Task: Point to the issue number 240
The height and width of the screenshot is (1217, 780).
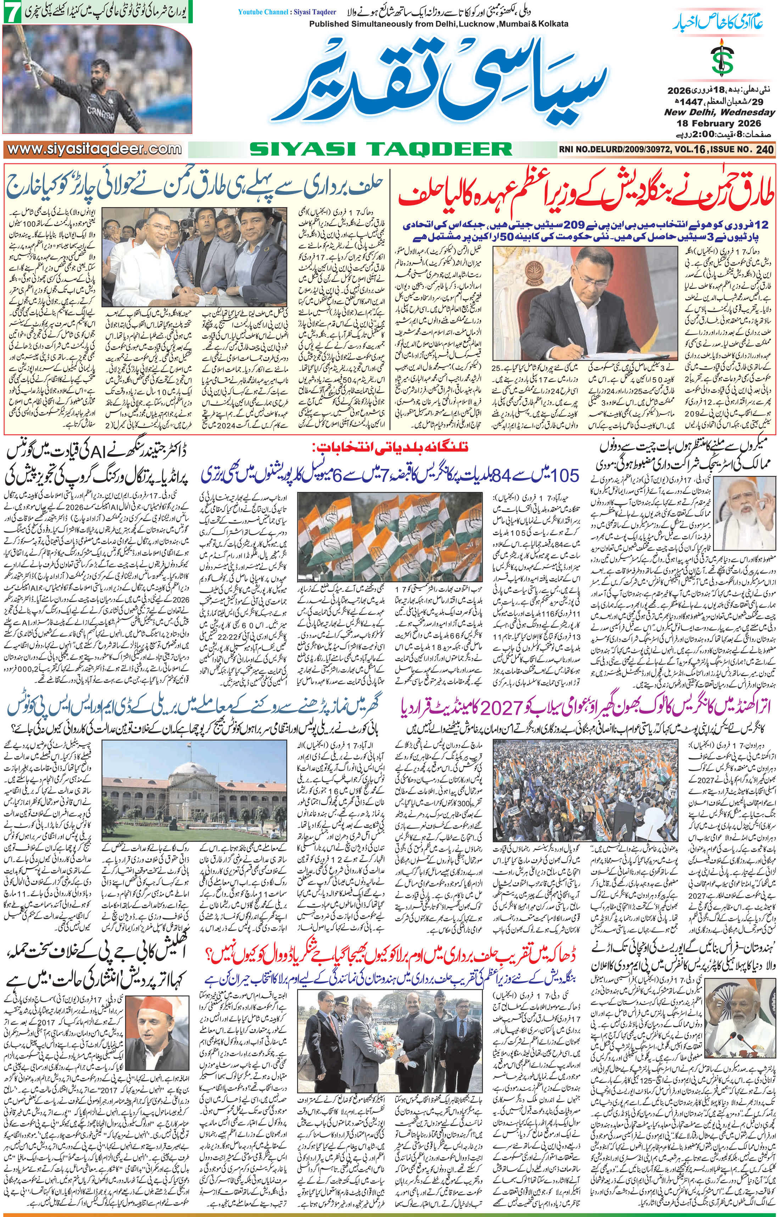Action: [x=764, y=150]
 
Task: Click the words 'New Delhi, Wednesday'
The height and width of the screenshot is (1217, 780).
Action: [x=720, y=112]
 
